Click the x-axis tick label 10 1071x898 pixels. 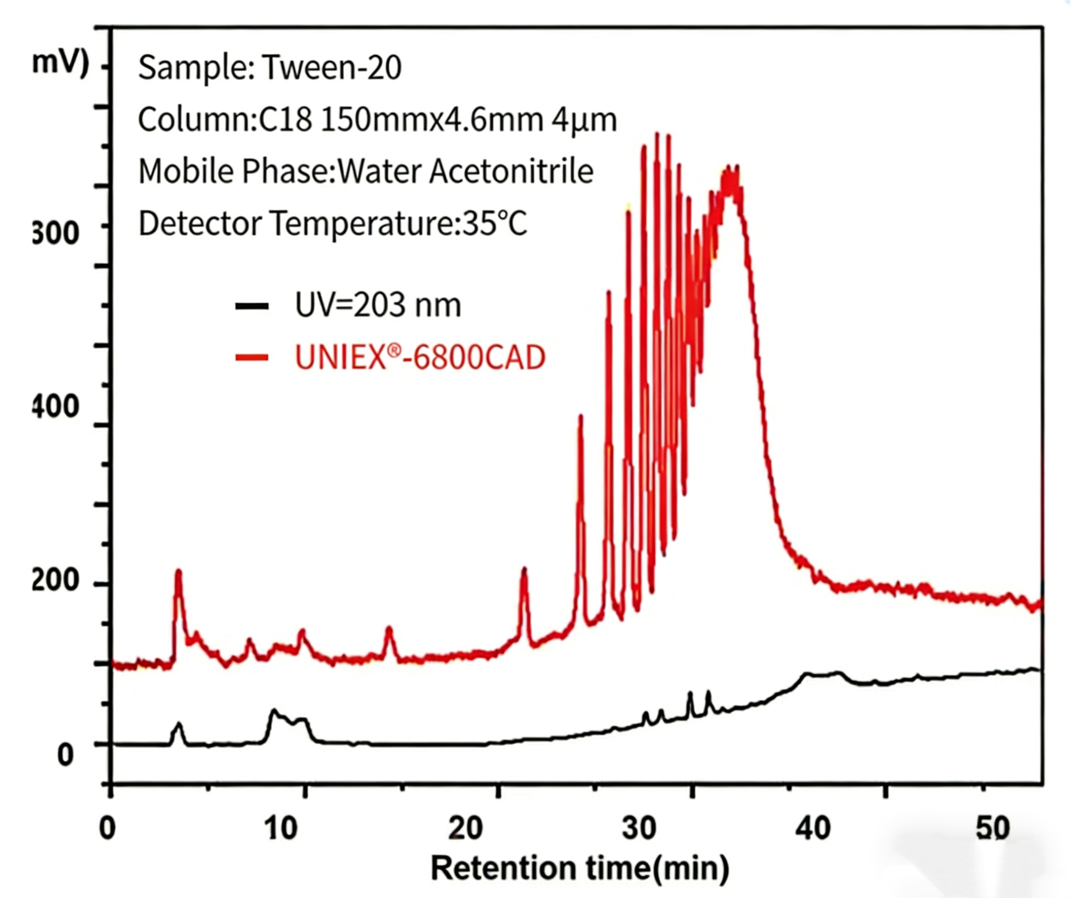click(x=281, y=829)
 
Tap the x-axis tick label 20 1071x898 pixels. click(x=466, y=829)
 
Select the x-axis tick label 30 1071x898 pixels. click(x=639, y=829)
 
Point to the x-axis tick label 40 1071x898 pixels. click(x=813, y=829)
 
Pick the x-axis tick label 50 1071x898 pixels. click(x=992, y=829)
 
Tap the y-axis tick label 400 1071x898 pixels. click(x=55, y=407)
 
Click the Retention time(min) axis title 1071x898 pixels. click(x=580, y=869)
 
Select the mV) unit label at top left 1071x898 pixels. click(x=60, y=64)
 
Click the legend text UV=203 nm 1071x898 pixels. click(x=378, y=305)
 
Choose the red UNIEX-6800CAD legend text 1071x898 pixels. click(x=420, y=357)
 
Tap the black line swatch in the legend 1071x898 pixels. click(x=252, y=306)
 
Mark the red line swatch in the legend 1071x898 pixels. click(x=252, y=357)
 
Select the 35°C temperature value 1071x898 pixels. click(x=494, y=223)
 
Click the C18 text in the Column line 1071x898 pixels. click(x=285, y=120)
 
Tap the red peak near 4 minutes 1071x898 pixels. click(x=178, y=574)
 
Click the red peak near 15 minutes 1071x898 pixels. click(x=389, y=631)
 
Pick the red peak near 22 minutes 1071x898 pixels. click(x=524, y=572)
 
